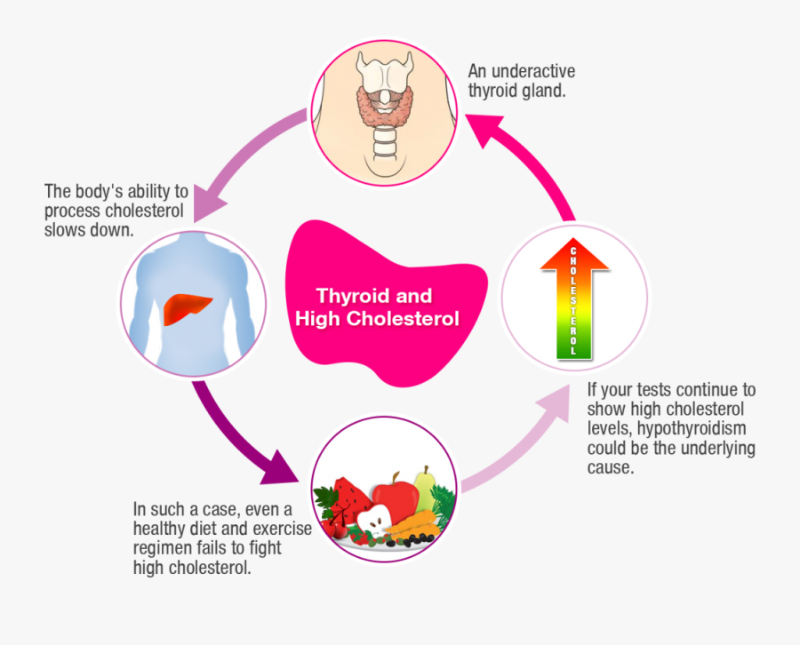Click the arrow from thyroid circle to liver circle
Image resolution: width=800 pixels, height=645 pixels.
(x=231, y=155)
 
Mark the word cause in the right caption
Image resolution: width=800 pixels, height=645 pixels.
(x=610, y=468)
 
